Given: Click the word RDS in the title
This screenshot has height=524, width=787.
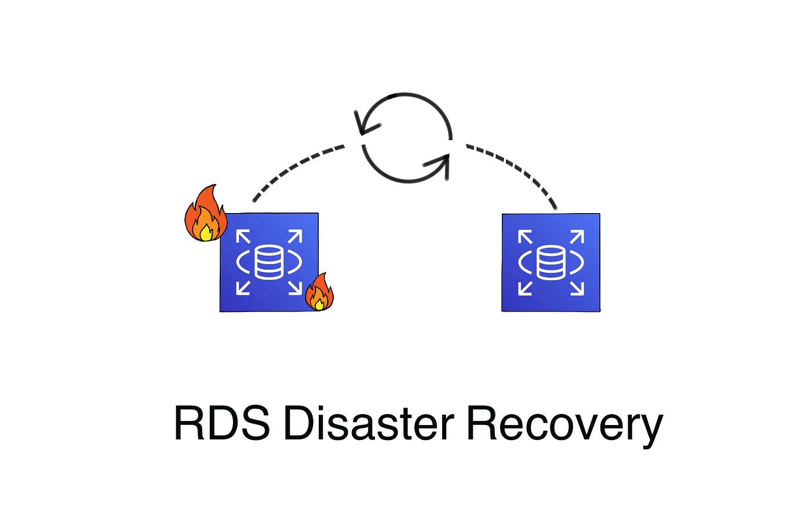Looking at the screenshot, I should (221, 423).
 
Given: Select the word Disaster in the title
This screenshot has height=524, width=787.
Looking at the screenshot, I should (369, 423).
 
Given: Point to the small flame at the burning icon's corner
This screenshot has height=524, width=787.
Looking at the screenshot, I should (319, 292).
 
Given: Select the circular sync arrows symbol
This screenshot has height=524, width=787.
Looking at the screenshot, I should (406, 138).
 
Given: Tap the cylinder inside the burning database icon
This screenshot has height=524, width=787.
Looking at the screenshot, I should (269, 262).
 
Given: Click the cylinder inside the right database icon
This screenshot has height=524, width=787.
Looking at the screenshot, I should (551, 262).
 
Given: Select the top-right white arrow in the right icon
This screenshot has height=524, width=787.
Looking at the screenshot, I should (577, 237).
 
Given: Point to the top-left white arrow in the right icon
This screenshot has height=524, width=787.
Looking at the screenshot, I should (525, 237).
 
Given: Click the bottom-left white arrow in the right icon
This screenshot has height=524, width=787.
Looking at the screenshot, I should (525, 288).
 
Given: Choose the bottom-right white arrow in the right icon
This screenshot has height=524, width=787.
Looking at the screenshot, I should (577, 288).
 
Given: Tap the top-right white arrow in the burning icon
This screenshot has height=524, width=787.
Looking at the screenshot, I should (294, 237).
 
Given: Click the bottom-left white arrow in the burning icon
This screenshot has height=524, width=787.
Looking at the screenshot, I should (243, 287).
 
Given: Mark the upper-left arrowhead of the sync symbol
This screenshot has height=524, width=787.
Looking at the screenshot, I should (364, 123).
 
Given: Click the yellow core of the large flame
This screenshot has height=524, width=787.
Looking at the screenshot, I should (206, 232).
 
